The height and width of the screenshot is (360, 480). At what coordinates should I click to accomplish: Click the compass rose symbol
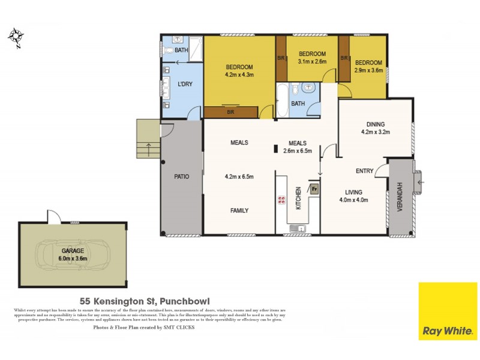(15, 37)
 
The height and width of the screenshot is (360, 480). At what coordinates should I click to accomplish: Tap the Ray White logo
(448, 311)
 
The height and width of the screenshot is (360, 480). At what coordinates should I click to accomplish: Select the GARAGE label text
(72, 251)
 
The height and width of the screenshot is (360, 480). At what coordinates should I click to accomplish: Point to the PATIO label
(182, 176)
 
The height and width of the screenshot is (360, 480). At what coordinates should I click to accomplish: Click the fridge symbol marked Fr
(313, 188)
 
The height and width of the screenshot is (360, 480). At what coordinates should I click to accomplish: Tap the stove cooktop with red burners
(280, 200)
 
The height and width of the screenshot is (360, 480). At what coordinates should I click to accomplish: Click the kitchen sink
(296, 227)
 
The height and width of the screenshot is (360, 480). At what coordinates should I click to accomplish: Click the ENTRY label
(364, 171)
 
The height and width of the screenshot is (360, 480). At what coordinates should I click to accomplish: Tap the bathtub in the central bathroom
(282, 100)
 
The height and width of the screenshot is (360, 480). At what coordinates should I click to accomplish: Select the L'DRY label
(185, 84)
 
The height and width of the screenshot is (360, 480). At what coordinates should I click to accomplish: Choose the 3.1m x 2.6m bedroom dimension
(312, 61)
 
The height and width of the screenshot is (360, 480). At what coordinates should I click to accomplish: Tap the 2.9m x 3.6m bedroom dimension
(368, 70)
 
